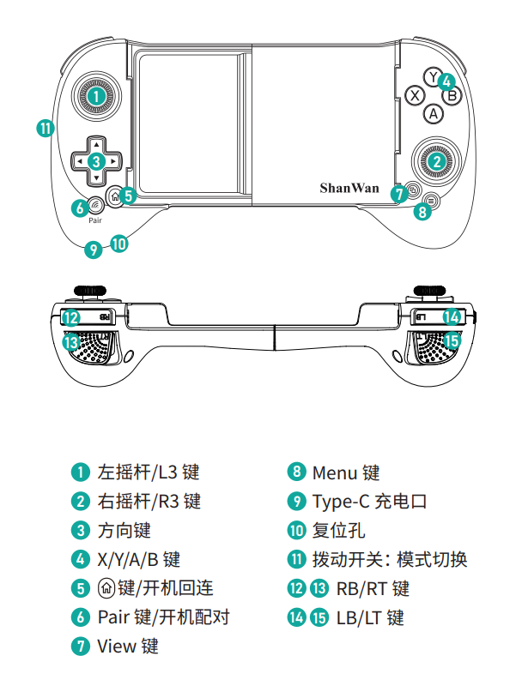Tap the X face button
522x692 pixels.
click(x=415, y=95)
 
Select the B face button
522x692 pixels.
click(x=453, y=95)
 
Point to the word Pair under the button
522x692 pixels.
click(x=95, y=220)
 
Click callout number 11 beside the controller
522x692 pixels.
click(x=46, y=128)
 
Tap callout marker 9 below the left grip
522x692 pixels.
click(x=93, y=250)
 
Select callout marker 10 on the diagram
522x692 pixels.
click(x=119, y=244)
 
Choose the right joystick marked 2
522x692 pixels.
click(x=437, y=159)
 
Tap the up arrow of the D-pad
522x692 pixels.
click(x=97, y=143)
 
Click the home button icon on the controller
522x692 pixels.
click(x=114, y=195)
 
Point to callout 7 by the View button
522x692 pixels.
click(x=398, y=194)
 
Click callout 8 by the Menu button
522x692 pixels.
click(x=422, y=211)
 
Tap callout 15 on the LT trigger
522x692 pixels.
click(x=452, y=339)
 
